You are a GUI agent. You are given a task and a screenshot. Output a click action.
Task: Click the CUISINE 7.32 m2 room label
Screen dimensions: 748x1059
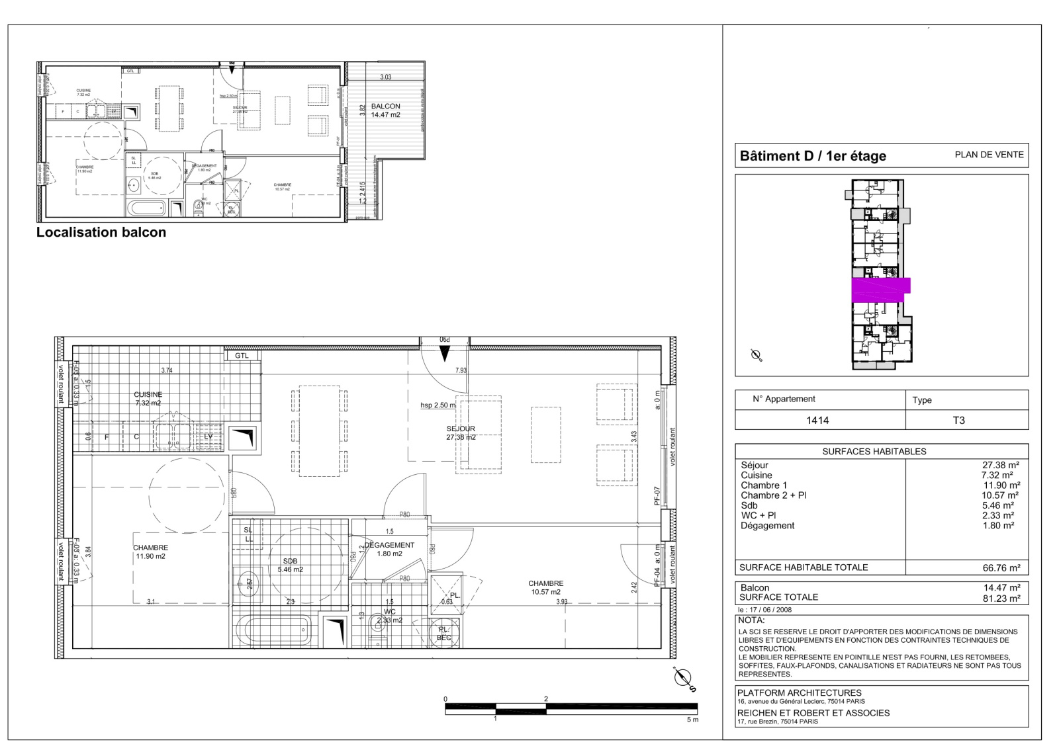[x=148, y=398]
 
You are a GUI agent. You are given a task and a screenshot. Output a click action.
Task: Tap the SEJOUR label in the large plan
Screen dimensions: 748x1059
[x=461, y=429]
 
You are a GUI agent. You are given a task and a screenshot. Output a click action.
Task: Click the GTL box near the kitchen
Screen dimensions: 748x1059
[x=242, y=355]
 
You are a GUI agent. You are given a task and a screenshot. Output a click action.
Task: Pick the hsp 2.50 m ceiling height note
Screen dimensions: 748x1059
[x=437, y=405]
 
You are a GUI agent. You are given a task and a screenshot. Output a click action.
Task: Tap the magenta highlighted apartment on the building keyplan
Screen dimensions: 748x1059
[x=880, y=290]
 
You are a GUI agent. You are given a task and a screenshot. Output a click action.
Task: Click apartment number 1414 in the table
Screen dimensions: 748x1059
[x=817, y=420]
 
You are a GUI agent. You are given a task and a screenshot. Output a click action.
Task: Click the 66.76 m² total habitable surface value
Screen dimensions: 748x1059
[x=1001, y=567]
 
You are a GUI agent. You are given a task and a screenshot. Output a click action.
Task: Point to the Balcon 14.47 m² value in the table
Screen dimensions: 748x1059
[x=1001, y=587]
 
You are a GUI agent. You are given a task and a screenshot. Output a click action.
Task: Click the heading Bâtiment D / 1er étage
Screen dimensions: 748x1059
[x=813, y=156]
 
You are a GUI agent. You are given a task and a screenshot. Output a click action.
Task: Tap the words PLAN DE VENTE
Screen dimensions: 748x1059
[x=989, y=155]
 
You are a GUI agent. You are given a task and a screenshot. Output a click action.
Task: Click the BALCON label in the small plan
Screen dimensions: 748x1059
[x=385, y=106]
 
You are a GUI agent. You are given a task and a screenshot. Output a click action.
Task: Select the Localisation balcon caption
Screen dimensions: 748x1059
[x=101, y=232]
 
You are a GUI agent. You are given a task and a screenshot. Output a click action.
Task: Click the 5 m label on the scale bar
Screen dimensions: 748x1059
[x=692, y=720]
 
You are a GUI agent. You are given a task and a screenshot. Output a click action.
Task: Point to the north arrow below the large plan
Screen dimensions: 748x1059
[x=684, y=679]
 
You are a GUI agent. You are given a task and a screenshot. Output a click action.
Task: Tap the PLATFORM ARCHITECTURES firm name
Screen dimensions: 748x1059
[x=800, y=692]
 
